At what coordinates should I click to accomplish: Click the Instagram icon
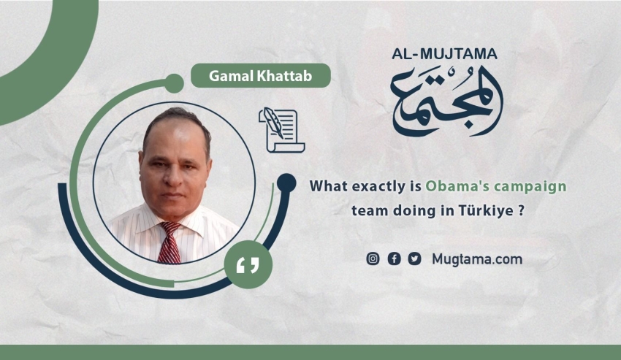[x=373, y=258]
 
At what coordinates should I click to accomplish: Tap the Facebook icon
[x=394, y=258]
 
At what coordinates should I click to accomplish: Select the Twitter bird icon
[x=415, y=258]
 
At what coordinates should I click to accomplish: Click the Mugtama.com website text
[x=477, y=259]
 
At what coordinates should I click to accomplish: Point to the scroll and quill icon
[x=281, y=130]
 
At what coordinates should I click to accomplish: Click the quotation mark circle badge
[x=248, y=264]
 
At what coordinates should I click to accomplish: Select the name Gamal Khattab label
[x=261, y=76]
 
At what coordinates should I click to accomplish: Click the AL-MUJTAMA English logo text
[x=444, y=54]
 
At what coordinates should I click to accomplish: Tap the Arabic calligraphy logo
[x=446, y=101]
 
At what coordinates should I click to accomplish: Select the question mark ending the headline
[x=521, y=210]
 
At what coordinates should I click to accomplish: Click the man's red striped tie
[x=170, y=242]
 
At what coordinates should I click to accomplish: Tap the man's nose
[x=172, y=177]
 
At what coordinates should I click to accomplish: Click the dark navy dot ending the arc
[x=286, y=183]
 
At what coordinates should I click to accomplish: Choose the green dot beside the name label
[x=174, y=83]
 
